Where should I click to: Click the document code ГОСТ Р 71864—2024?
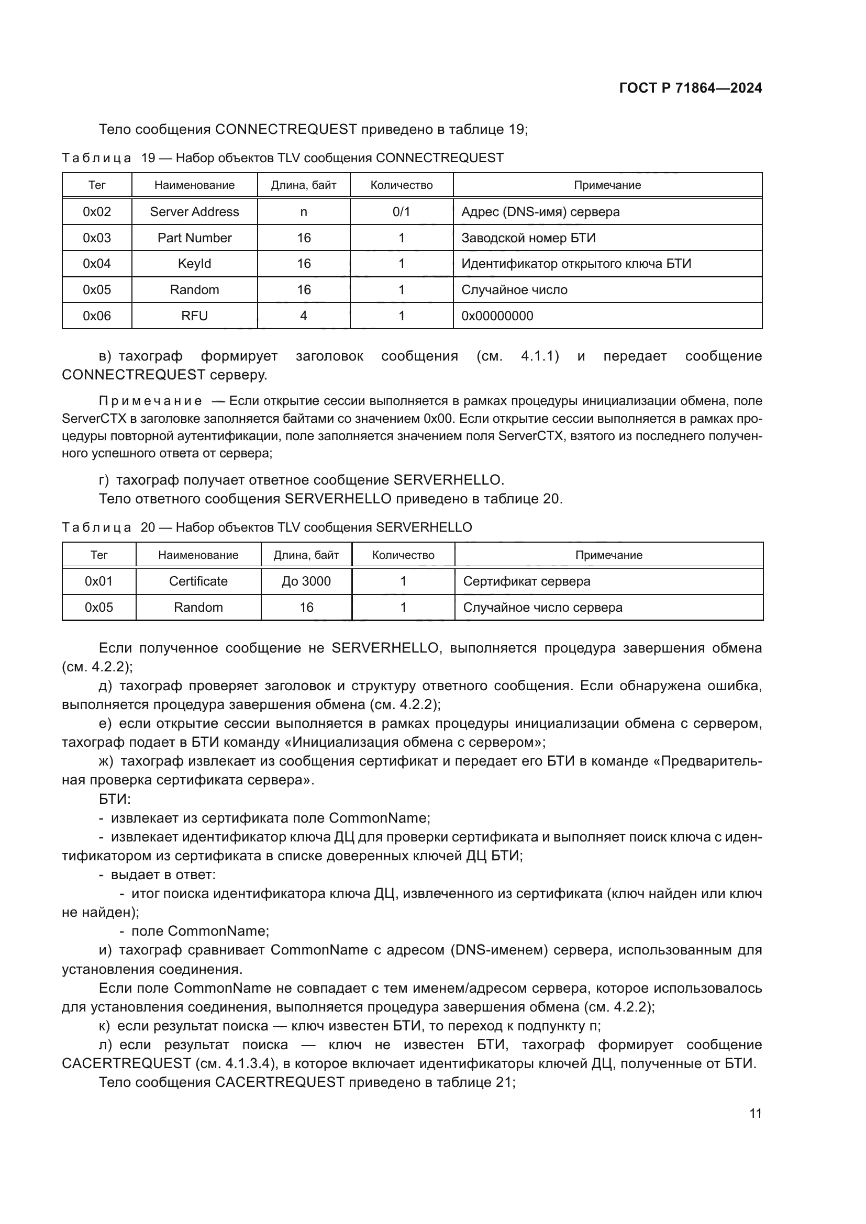[x=690, y=88]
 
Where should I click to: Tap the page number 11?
[x=755, y=1113]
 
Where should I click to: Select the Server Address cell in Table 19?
[x=194, y=211]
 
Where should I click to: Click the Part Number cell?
[x=194, y=238]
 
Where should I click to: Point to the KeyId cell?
[x=194, y=264]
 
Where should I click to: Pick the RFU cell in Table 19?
[x=194, y=316]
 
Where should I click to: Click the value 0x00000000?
[x=497, y=316]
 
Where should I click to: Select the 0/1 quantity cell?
[x=401, y=211]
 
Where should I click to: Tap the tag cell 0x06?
[x=96, y=316]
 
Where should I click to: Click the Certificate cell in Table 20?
[x=198, y=581]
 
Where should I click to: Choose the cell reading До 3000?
[x=306, y=581]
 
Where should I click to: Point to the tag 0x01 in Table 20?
[x=98, y=581]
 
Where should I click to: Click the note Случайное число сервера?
[x=542, y=607]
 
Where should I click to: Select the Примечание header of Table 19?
[x=607, y=185]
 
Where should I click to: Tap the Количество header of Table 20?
[x=403, y=555]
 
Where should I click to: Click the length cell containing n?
[x=304, y=211]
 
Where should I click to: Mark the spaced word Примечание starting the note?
[x=150, y=401]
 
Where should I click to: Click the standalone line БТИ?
[x=115, y=799]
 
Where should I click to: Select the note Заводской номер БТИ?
[x=528, y=238]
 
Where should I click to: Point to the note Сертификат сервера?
[x=526, y=581]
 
